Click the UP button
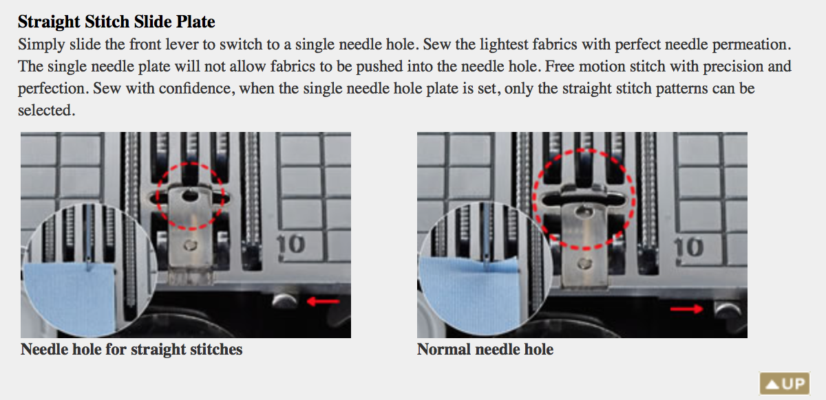pos(785,384)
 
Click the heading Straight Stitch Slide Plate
pos(116,21)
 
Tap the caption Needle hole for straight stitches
pos(131,349)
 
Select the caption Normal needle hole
pos(485,349)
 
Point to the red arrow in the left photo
pos(323,302)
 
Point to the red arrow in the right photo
pos(687,309)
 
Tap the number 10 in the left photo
pos(290,244)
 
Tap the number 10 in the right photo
pos(689,247)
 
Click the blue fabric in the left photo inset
pos(70,298)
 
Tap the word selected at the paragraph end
pos(47,110)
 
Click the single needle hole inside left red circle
pos(189,195)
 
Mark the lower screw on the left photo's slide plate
pos(190,245)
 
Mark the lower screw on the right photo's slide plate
pos(584,263)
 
